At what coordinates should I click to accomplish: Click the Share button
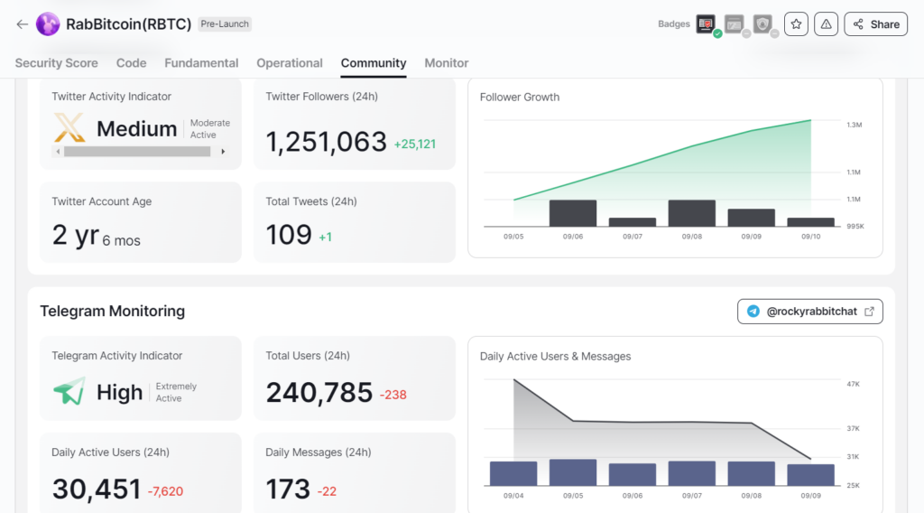tap(875, 24)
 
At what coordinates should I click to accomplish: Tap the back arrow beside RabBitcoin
tap(22, 24)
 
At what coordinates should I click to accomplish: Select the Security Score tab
tap(57, 63)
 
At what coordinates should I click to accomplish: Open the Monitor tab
tap(447, 63)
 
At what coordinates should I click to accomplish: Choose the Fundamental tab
tap(201, 63)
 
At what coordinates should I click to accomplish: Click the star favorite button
tap(796, 24)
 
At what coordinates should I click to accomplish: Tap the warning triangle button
tap(826, 24)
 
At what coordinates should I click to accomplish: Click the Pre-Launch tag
tap(226, 24)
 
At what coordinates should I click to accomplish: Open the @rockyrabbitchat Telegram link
tap(809, 312)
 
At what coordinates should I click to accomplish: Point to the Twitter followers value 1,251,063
tap(326, 142)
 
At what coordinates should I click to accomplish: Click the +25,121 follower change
tap(415, 144)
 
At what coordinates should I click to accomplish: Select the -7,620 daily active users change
tap(167, 491)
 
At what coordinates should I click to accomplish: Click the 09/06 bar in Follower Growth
tap(573, 213)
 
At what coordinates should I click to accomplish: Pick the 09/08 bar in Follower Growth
tap(691, 213)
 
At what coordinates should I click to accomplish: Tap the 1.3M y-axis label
tap(854, 125)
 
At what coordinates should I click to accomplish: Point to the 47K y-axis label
tap(853, 384)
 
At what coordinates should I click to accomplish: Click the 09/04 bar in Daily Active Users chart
tap(513, 473)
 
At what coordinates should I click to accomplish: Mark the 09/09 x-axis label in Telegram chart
tap(810, 495)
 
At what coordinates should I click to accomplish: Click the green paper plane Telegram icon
tap(69, 391)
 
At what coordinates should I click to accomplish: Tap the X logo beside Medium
tap(69, 128)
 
